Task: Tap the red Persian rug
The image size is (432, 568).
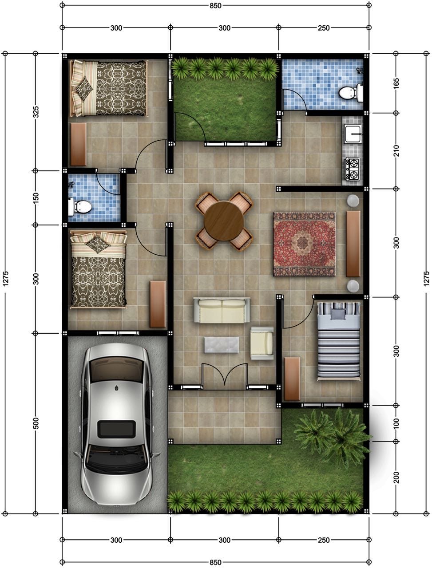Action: pos(305,244)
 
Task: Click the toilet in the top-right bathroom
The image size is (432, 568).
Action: pos(349,93)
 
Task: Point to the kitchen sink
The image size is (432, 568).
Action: pos(353,134)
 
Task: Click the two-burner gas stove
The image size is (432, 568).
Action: pos(352,169)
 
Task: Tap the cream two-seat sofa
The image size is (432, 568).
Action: pos(222,310)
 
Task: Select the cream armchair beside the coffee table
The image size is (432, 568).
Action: pos(262,343)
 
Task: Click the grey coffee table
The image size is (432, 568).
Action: pos(222,345)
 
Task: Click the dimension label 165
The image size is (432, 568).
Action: pos(396,83)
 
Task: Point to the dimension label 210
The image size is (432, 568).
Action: pos(396,150)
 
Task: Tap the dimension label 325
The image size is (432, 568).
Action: pos(36,112)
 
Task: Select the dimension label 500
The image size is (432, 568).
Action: pos(36,423)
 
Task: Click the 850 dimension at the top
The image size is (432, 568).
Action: pos(215,6)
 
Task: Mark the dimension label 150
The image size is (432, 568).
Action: pos(36,198)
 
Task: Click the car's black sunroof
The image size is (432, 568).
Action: pos(116,429)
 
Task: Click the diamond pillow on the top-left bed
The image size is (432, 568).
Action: pos(84,88)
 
